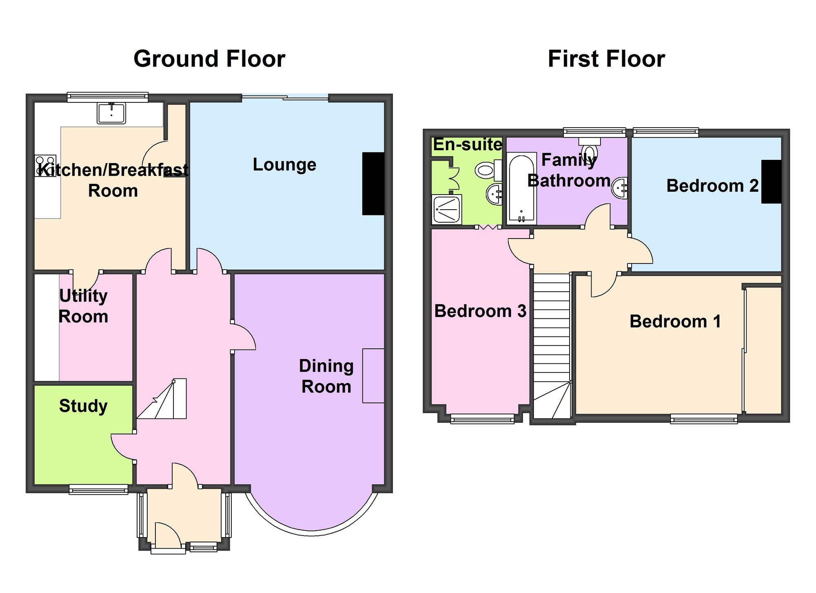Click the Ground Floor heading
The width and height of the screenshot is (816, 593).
(209, 59)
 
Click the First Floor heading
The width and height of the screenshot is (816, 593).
(606, 59)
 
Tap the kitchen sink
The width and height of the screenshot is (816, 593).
(111, 113)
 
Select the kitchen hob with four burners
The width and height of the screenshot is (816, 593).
(45, 166)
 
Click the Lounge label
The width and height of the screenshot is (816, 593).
(284, 165)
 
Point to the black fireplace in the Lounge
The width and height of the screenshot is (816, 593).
(373, 184)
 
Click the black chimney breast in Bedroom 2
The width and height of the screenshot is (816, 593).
(772, 181)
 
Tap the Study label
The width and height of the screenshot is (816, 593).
(83, 406)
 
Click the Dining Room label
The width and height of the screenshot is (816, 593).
(326, 376)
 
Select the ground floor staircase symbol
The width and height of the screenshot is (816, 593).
(162, 399)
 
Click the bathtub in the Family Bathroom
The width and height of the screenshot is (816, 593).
(521, 188)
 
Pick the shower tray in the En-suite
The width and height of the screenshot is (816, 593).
(447, 210)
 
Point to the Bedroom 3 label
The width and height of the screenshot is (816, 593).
(480, 311)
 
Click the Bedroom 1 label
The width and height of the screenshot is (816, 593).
(675, 321)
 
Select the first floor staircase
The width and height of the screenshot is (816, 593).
(552, 346)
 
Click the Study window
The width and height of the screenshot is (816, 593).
(98, 489)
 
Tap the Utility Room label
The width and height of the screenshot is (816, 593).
(83, 306)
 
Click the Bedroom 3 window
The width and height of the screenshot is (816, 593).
(482, 419)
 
